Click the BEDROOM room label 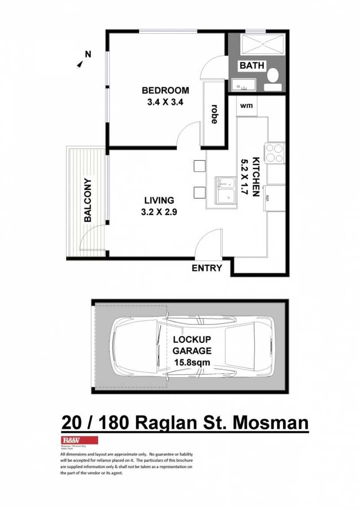[x=165, y=90]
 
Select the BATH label [x=252, y=66]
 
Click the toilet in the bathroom [x=273, y=76]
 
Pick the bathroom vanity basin [x=243, y=85]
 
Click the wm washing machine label [x=247, y=106]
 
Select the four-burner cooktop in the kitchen [x=275, y=153]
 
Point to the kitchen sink [x=226, y=191]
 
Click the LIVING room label [x=159, y=201]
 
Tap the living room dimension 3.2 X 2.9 [x=159, y=212]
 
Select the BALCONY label [x=88, y=200]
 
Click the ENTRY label [x=207, y=268]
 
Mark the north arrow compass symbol [x=81, y=65]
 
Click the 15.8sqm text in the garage [x=192, y=363]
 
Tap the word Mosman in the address [x=271, y=423]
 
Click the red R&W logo [x=79, y=440]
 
